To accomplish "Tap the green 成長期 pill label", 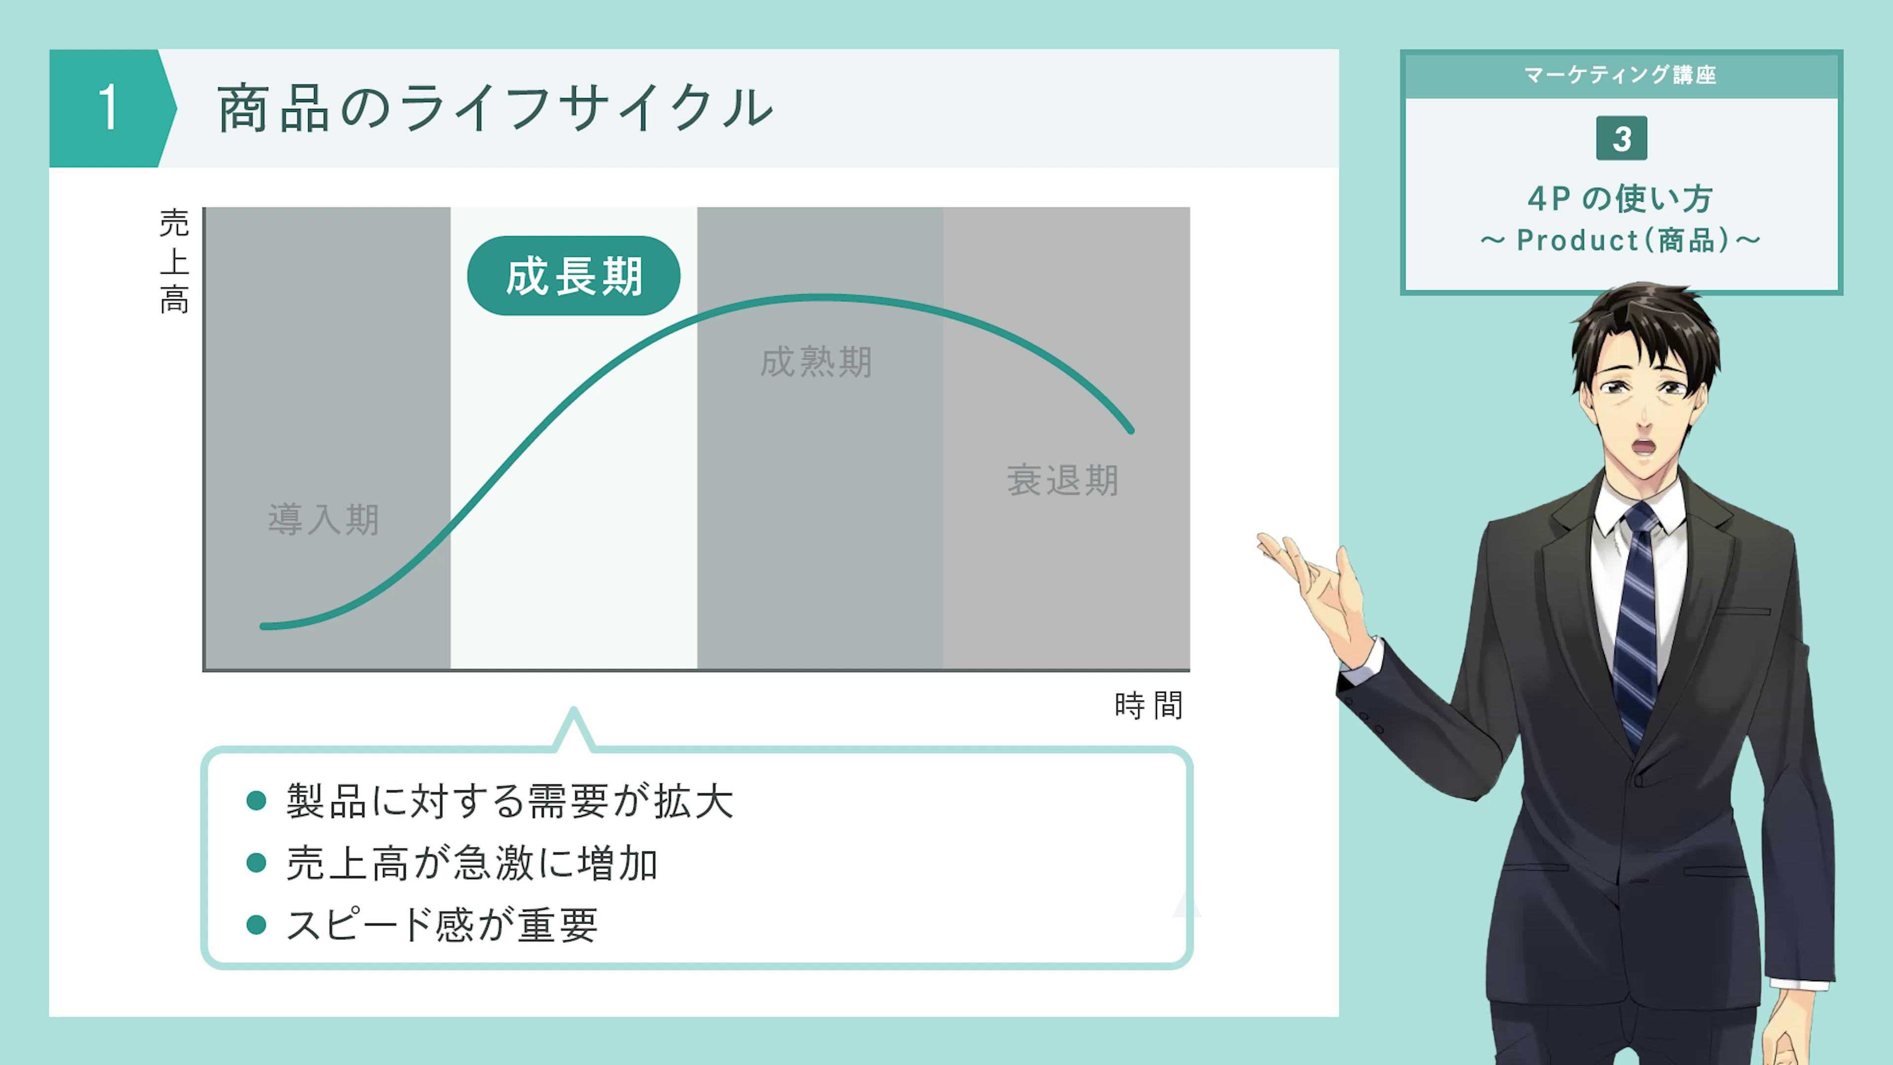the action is (x=574, y=276).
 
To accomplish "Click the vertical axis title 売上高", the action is (x=174, y=261).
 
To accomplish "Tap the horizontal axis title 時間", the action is (x=1148, y=706).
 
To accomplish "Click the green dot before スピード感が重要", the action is (x=256, y=924).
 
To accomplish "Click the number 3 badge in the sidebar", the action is (x=1621, y=138).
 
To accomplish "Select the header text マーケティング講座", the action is (x=1620, y=74).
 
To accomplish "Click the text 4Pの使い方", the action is (x=1620, y=198).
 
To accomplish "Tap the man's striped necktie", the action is (x=1637, y=625).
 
